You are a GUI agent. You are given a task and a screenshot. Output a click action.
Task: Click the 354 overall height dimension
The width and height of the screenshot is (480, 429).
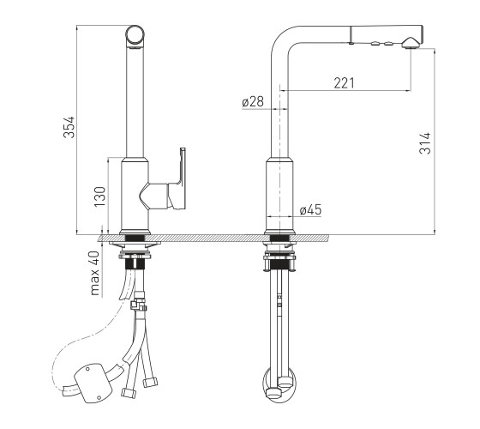click(x=69, y=127)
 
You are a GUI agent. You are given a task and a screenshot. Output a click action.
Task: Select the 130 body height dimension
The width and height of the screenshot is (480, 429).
click(x=100, y=196)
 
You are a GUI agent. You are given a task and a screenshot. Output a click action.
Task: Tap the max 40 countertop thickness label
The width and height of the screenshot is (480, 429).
click(x=95, y=274)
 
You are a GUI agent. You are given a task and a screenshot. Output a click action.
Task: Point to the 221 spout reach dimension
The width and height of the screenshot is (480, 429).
click(x=345, y=83)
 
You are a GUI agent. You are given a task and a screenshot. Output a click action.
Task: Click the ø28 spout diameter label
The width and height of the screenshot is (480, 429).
click(x=253, y=101)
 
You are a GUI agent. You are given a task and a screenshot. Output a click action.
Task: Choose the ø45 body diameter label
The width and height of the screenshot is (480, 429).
click(x=310, y=210)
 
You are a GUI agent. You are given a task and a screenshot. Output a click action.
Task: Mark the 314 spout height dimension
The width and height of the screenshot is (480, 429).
click(x=425, y=143)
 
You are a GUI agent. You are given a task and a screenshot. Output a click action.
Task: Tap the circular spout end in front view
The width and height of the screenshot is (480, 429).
click(x=135, y=34)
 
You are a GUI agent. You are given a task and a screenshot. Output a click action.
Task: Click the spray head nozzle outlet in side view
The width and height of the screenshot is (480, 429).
click(x=411, y=43)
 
